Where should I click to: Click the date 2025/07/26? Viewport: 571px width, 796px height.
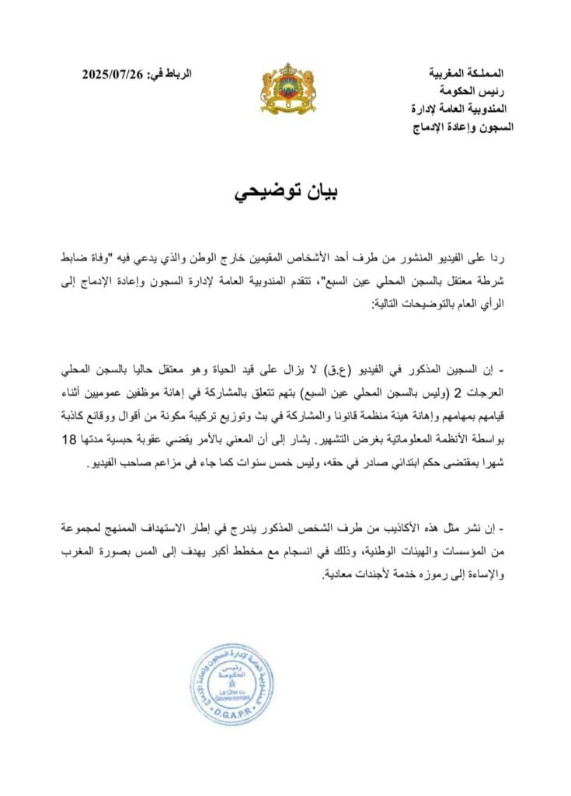pyautogui.click(x=113, y=75)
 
